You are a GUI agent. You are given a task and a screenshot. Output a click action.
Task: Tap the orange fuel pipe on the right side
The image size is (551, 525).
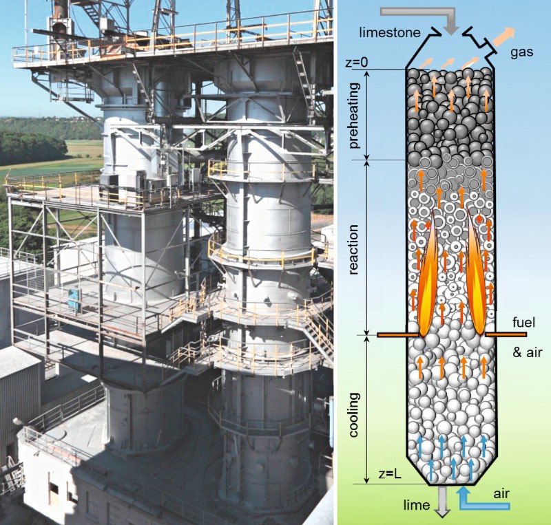(506, 335)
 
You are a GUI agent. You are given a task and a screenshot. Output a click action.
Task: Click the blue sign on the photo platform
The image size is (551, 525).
(73, 298)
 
